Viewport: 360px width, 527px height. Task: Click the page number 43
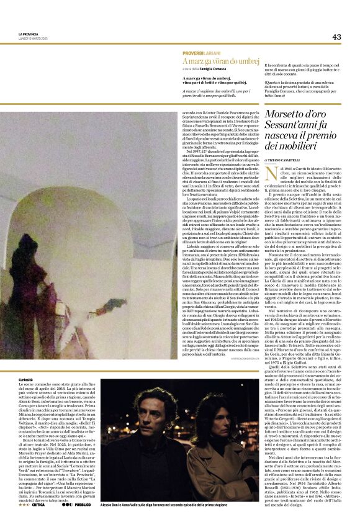pyautogui.click(x=336, y=37)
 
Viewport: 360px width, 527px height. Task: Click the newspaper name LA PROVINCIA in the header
pyautogui.click(x=29, y=34)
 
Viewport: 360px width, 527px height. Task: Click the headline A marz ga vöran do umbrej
pyautogui.click(x=220, y=61)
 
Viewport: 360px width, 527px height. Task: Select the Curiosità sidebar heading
pyautogui.click(x=25, y=379)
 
